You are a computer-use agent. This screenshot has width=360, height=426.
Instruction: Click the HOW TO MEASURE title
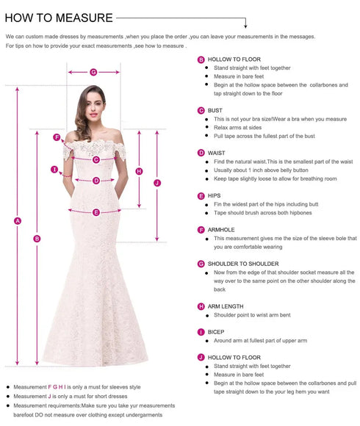[59, 18]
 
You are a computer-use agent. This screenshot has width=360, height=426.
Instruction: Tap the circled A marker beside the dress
[18, 220]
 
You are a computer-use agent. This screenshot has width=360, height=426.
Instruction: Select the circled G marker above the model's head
[93, 72]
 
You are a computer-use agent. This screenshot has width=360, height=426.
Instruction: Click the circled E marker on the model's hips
[96, 212]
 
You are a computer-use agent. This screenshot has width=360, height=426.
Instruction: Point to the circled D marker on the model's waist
[96, 180]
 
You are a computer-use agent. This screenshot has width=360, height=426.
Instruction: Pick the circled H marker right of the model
[139, 171]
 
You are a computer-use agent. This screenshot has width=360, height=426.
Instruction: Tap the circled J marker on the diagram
[156, 182]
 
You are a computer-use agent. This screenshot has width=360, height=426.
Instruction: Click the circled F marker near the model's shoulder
[57, 137]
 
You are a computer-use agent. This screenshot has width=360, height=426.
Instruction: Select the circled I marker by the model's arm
[54, 170]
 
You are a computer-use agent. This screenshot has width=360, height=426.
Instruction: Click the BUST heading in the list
[215, 110]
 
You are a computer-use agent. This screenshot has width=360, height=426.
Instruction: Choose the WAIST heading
[216, 153]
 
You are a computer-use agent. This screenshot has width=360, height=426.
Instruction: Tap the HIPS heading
[215, 195]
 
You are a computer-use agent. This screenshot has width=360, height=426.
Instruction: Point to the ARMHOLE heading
[221, 229]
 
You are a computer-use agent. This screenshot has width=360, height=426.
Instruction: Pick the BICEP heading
[216, 331]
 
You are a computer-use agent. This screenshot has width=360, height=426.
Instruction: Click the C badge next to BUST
[201, 110]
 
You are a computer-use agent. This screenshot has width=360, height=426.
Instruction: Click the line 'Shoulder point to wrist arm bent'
[252, 315]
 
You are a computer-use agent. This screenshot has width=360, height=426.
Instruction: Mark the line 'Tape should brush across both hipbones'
[262, 213]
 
